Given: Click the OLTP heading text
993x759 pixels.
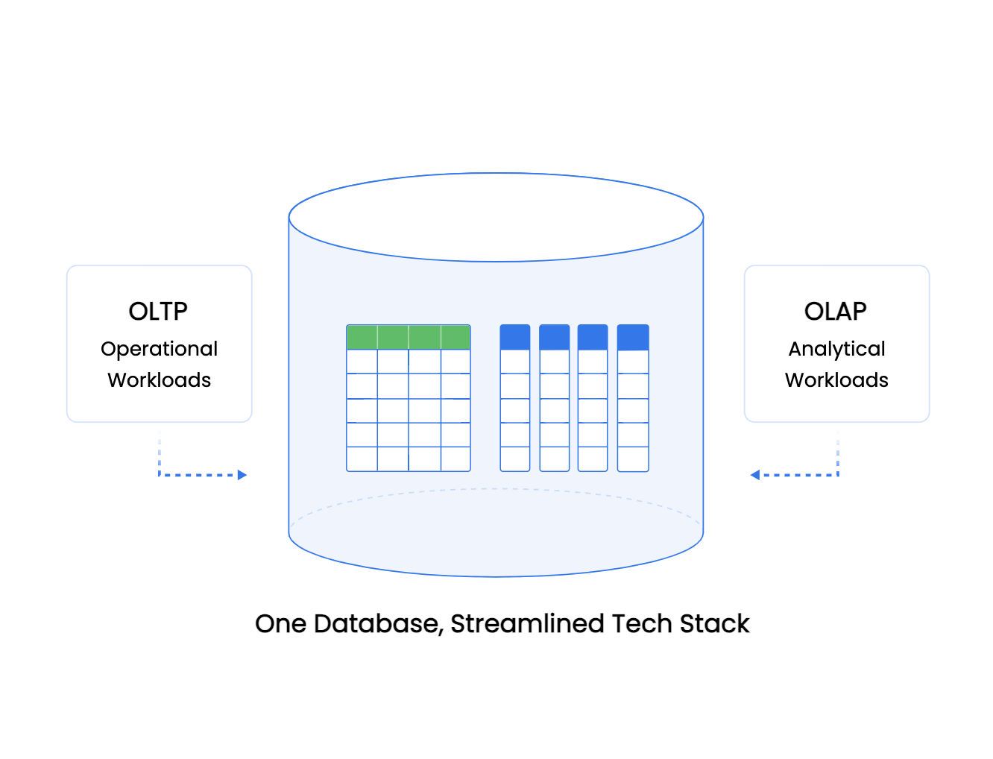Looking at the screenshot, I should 158,311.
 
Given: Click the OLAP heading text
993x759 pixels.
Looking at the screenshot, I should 836,311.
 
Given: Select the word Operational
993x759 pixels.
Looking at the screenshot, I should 159,349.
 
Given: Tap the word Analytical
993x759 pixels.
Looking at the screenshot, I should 836,349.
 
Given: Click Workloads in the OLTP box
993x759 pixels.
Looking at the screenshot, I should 159,380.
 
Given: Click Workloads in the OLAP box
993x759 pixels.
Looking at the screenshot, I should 836,380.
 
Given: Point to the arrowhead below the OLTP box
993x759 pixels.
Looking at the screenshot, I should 242,475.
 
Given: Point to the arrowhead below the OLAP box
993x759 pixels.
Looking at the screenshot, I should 754,475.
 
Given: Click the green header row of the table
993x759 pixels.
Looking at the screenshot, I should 409,337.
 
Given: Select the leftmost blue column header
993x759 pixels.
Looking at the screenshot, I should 515,337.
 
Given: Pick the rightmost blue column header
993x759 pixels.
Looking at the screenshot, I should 633,337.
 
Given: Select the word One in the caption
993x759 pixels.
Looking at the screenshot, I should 280,623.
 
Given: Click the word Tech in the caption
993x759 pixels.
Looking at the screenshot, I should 640,623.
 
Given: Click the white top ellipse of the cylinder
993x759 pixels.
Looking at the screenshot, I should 496,217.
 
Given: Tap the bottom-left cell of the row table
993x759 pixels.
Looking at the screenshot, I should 362,459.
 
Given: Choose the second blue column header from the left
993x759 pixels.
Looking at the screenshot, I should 554,337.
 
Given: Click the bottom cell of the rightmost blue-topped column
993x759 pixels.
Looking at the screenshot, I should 633,459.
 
